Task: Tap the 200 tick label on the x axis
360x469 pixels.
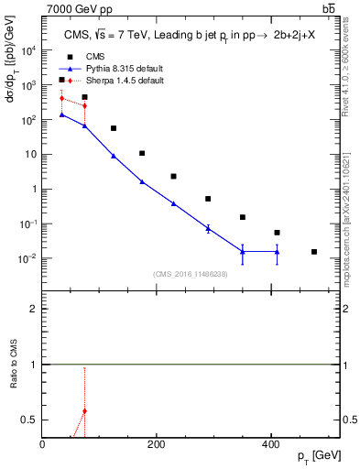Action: click(x=157, y=444)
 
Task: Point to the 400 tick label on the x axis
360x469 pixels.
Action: click(x=270, y=444)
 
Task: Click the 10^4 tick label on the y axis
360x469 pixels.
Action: click(x=29, y=51)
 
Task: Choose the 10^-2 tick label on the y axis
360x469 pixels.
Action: click(x=29, y=258)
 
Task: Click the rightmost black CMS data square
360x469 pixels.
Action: click(x=314, y=252)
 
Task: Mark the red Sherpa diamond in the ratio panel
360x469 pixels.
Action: click(x=84, y=410)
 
